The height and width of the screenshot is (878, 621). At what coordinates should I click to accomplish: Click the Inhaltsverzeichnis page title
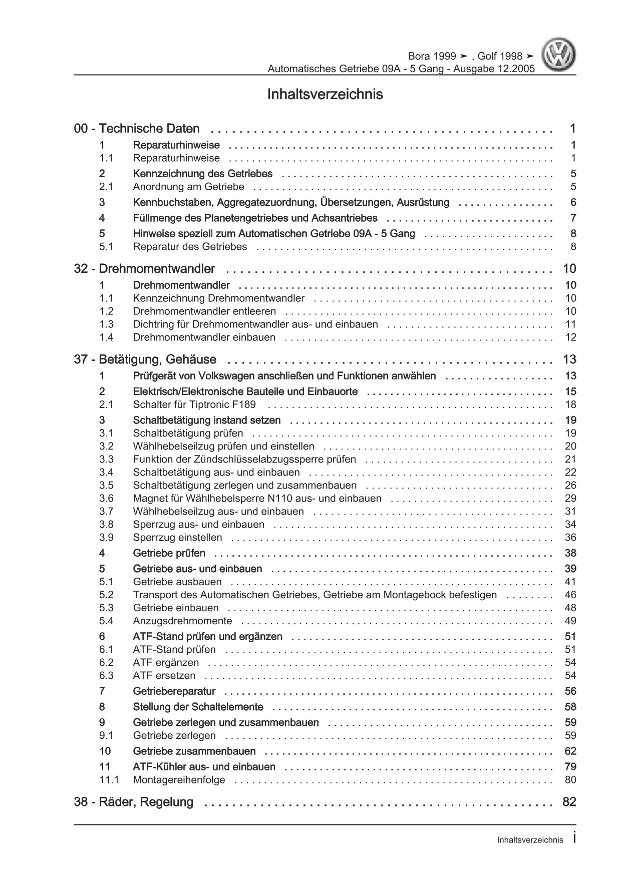[x=325, y=94]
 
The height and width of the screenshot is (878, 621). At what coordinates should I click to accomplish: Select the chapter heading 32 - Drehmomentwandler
[x=144, y=269]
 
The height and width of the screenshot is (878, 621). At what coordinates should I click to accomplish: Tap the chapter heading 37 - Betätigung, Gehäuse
[x=145, y=359]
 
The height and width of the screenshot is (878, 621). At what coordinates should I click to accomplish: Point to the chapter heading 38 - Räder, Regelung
[x=133, y=802]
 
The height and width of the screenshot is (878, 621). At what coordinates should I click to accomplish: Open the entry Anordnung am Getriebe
[x=188, y=187]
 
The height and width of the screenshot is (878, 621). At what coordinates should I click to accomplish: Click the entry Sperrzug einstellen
[x=177, y=538]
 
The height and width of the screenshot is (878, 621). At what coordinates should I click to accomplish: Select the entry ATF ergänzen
[x=166, y=663]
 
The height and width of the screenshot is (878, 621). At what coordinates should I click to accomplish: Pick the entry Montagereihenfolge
[x=179, y=780]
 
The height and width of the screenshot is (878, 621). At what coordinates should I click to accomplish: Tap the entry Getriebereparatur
[x=174, y=691]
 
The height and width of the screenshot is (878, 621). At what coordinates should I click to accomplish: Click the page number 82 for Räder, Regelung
[x=569, y=802]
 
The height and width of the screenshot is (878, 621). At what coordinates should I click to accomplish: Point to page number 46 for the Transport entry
[x=570, y=595]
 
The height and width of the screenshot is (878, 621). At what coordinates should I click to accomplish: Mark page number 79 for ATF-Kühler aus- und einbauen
[x=570, y=767]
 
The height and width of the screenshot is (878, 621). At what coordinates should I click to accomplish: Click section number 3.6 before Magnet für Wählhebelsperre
[x=106, y=499]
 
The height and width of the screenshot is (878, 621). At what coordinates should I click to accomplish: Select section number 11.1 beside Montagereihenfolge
[x=109, y=780]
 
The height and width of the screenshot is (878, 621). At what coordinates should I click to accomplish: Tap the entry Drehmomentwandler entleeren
[x=204, y=311]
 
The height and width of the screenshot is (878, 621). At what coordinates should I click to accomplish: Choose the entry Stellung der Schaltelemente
[x=198, y=707]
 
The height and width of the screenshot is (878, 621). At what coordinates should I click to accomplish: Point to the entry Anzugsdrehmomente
[x=182, y=621]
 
